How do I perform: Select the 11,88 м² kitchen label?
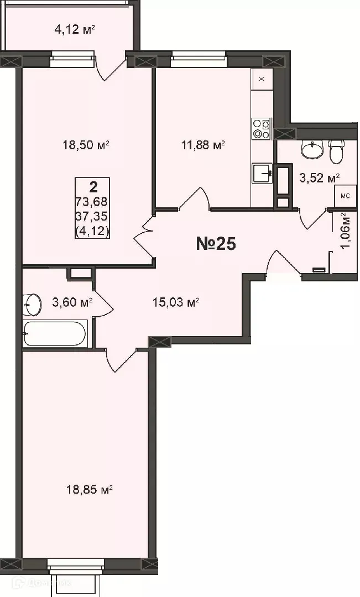(203, 145)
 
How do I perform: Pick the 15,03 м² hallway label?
(175, 302)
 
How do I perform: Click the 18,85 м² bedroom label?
(89, 489)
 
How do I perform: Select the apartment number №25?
(216, 244)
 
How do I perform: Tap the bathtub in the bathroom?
(55, 333)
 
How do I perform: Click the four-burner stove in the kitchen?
(261, 128)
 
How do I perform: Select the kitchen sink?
(263, 173)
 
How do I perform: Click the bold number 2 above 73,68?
(92, 186)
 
